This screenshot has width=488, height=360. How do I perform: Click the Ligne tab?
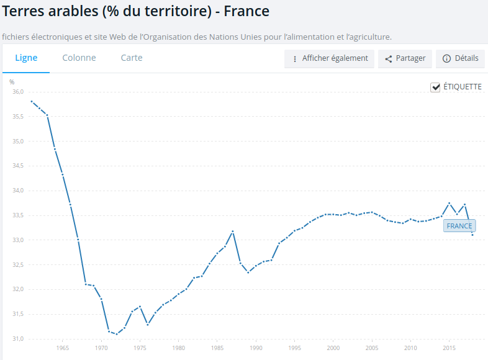[x=26, y=58]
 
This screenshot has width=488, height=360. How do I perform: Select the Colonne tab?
[x=79, y=58]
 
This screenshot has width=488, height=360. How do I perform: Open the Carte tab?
[x=132, y=58]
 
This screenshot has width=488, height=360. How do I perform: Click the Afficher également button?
[x=329, y=58]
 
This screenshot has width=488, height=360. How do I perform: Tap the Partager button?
[x=403, y=58]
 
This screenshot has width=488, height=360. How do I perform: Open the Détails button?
[x=460, y=58]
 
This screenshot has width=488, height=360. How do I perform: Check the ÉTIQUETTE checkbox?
[x=436, y=88]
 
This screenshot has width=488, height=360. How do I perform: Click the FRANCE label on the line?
[x=459, y=226]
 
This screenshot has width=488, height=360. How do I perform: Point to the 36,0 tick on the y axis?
[x=18, y=92]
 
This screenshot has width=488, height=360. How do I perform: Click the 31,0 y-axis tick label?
[x=18, y=339]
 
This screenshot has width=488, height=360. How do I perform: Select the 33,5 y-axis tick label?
[x=18, y=215]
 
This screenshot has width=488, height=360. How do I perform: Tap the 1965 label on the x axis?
[x=62, y=349]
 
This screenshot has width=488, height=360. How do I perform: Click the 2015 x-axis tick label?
[x=449, y=349]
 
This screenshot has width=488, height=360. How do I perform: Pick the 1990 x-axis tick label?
[x=256, y=349]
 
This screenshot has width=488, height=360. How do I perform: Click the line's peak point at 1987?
[x=233, y=232]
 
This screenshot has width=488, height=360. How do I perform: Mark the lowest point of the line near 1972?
[x=116, y=335]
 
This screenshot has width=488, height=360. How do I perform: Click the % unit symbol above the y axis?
[x=12, y=82]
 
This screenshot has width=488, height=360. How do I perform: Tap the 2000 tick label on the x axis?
[x=333, y=349]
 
